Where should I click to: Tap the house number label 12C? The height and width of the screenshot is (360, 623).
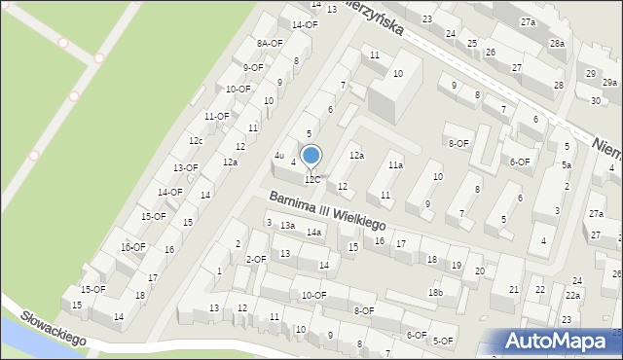pos(311,180)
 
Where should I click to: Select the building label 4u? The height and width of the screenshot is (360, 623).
pos(279,156)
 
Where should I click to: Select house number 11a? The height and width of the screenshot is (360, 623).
pos(395,165)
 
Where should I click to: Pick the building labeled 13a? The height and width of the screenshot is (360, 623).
pos(287,226)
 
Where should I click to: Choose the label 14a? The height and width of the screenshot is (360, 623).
pos(313,233)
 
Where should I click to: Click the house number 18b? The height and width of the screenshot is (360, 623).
pos(435,292)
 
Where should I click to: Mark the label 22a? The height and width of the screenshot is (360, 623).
pos(573,296)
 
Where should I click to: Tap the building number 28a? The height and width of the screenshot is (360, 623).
pos(557,44)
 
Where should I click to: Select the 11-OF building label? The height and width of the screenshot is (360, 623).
pos(216,116)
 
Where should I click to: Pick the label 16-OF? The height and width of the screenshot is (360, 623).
pos(132,247)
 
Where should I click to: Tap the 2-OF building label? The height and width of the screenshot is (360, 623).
pos(256,259)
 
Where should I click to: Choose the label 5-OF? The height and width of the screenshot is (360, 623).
pos(444,341)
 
